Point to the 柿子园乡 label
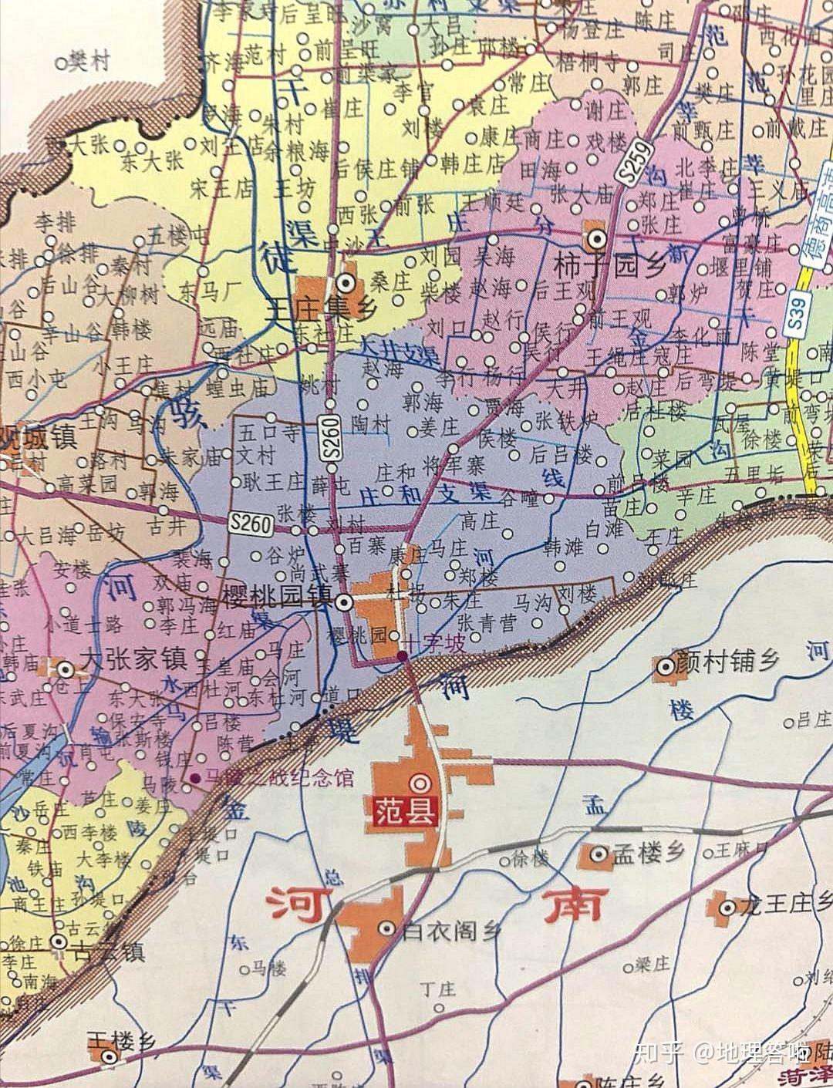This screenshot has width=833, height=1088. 599,267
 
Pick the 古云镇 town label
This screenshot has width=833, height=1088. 106,952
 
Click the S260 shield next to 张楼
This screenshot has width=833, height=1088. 251,524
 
